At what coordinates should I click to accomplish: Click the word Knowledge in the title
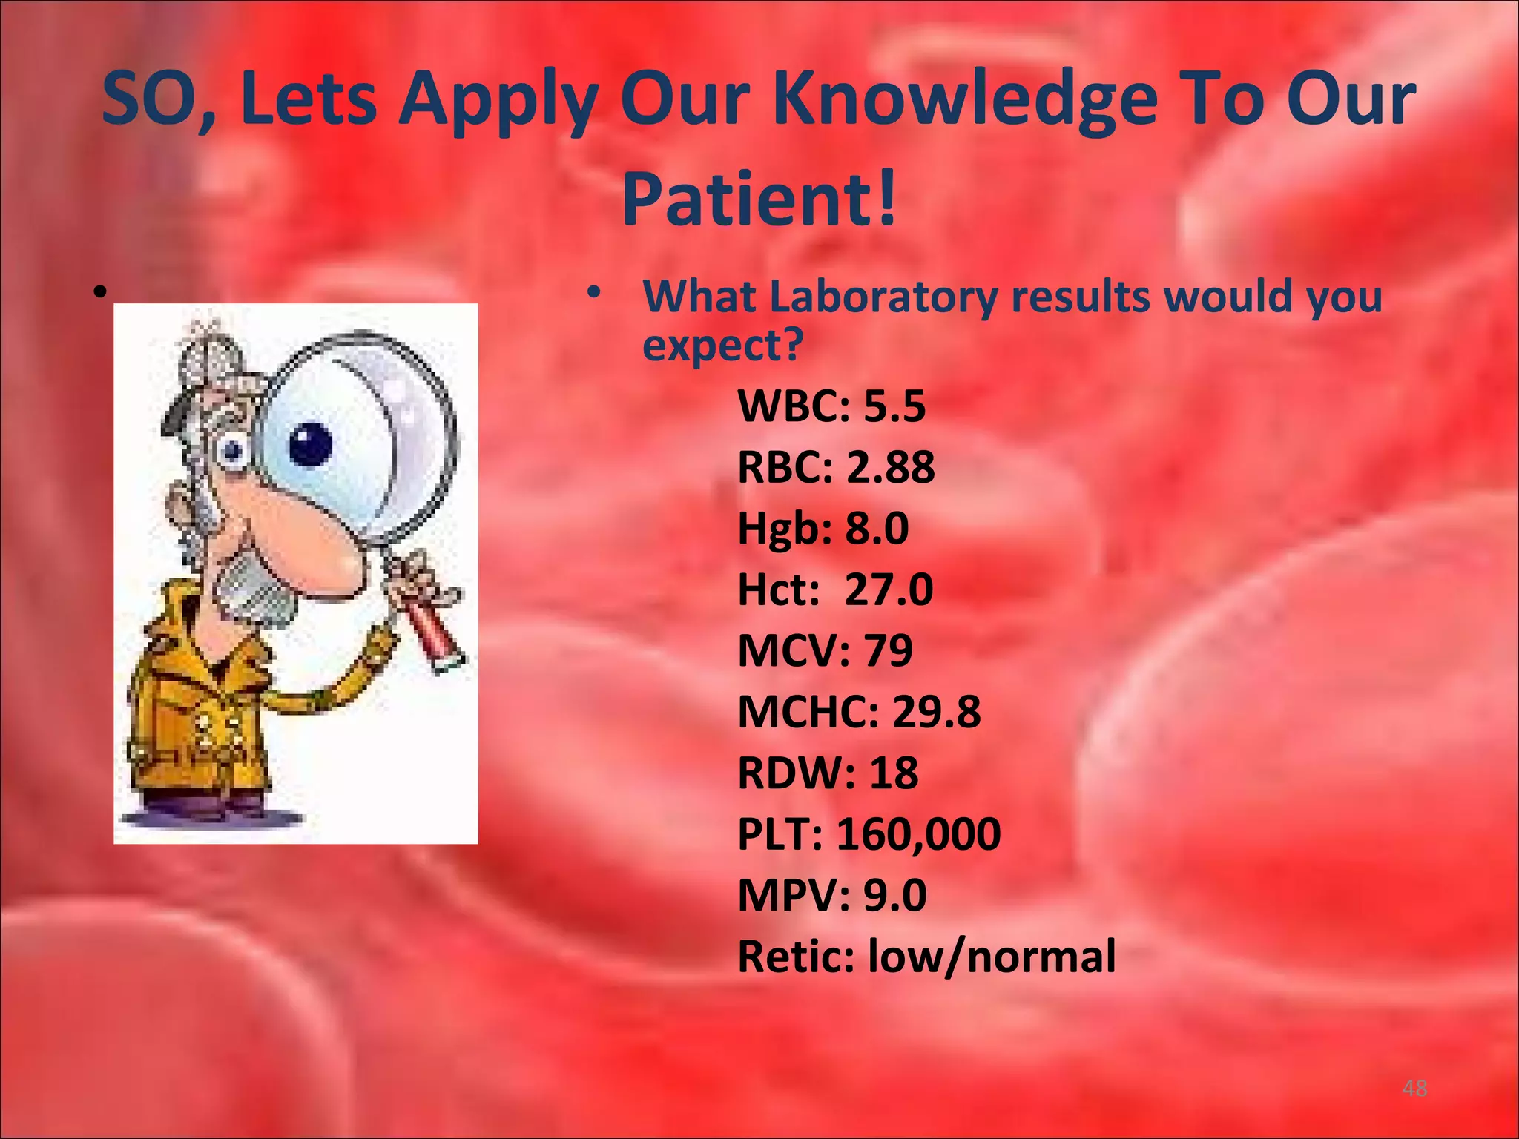tap(964, 100)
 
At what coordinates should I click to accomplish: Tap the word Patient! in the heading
tap(759, 199)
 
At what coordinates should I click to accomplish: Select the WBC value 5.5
tap(894, 406)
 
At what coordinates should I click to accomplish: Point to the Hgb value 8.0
tap(877, 529)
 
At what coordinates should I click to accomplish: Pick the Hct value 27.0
tap(889, 590)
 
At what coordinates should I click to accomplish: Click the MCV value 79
tap(888, 651)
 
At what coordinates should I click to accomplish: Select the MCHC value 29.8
tap(936, 712)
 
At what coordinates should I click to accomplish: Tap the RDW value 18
tap(893, 773)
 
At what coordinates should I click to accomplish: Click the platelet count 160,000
tap(918, 834)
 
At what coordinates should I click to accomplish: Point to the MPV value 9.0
tap(894, 895)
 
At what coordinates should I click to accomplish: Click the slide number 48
tap(1414, 1088)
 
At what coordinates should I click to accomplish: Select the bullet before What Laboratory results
tap(593, 294)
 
